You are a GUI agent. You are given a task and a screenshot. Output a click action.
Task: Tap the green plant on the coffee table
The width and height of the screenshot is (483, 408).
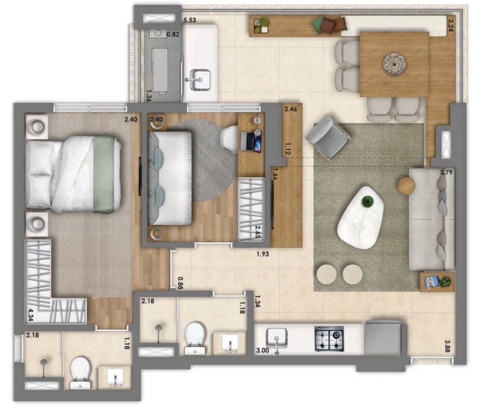(368, 201)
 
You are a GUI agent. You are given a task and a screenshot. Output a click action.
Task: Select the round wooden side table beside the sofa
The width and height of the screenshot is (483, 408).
(407, 185)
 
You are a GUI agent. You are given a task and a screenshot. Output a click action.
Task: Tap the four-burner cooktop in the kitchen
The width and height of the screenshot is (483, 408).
(329, 338)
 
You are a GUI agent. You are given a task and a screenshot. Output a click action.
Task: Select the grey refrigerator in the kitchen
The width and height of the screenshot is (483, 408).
(383, 337)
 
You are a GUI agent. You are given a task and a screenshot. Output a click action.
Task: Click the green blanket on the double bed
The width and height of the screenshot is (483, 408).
(104, 174)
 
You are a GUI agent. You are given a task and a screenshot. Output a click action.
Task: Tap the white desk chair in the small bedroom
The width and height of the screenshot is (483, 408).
(229, 139)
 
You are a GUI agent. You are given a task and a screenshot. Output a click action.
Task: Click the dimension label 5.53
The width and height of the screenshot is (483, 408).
(189, 20)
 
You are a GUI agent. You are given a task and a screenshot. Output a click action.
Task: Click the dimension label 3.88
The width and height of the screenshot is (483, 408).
(452, 343)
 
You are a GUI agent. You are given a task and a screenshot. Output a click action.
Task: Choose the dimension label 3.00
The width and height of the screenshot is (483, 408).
(263, 350)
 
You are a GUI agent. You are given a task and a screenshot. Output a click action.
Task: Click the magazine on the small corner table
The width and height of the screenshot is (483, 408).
(432, 281)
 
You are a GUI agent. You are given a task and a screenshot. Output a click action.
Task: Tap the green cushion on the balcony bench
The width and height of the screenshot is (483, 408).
(318, 25)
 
